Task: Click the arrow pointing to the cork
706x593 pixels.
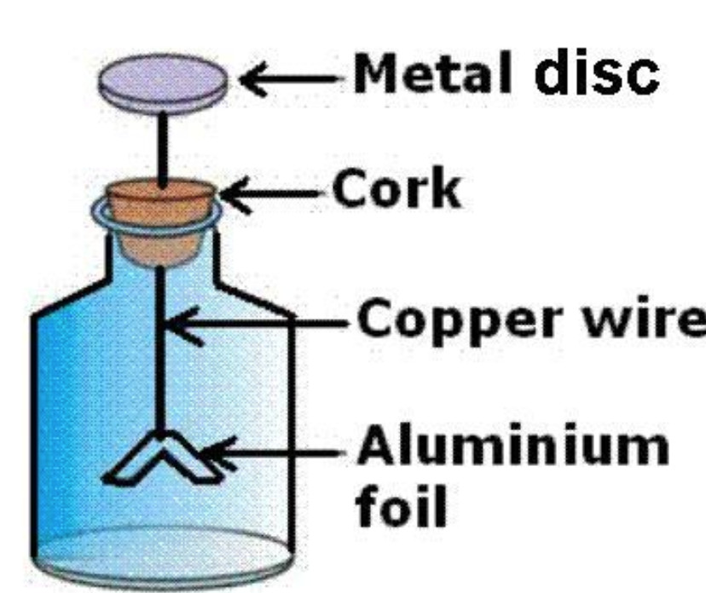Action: [x=273, y=199]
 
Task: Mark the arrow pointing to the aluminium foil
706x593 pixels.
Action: [x=273, y=451]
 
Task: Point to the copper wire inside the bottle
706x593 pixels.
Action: [x=159, y=358]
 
